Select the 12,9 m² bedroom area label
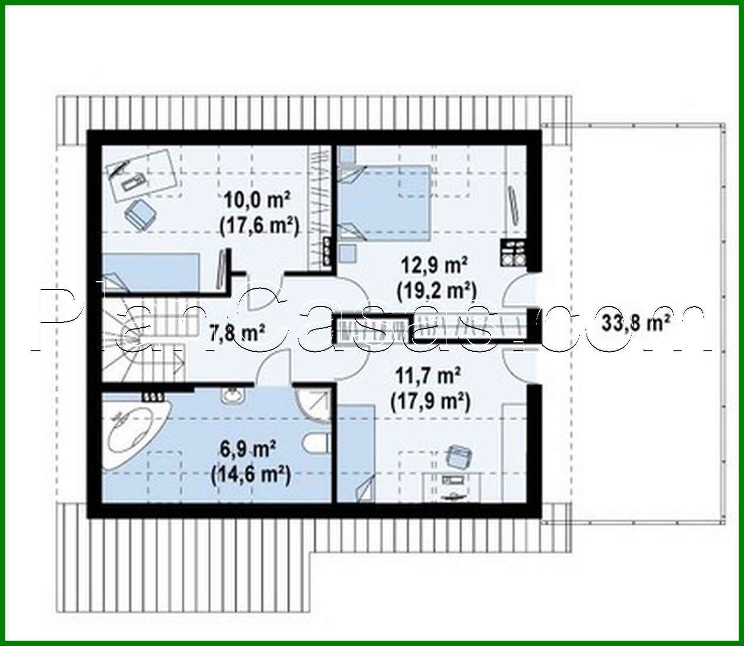click(435, 265)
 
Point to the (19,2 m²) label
click(436, 289)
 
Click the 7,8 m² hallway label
click(237, 334)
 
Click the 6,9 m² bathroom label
click(249, 450)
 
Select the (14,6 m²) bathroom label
click(250, 474)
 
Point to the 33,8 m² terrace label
click(637, 322)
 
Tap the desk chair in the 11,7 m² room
click(459, 457)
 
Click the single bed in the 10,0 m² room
click(153, 272)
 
